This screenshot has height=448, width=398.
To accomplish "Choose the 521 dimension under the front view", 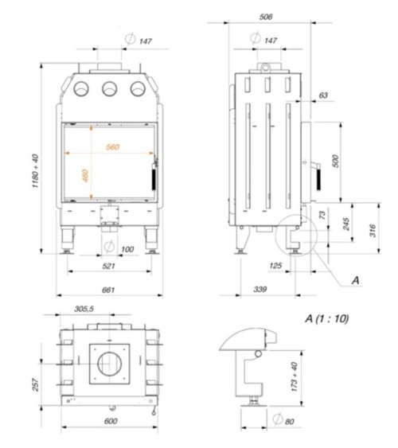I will click(108, 264).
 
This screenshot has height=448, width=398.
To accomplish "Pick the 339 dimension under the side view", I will click(259, 290).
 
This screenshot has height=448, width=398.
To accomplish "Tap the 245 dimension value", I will click(346, 225).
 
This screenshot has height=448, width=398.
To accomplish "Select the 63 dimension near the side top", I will click(322, 95).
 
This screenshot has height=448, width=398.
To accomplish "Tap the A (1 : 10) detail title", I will click(326, 318).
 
